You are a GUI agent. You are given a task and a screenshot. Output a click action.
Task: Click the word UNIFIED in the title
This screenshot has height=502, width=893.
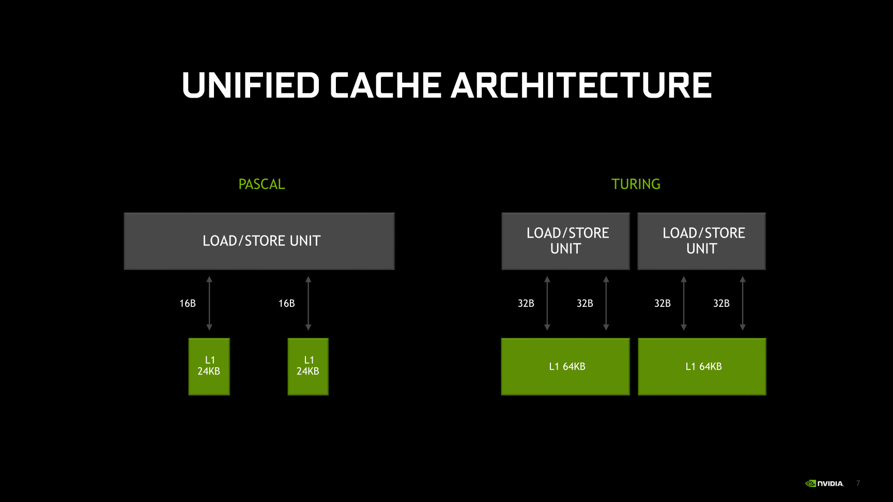[251, 85]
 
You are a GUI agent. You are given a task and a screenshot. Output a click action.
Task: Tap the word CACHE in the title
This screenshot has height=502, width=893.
[386, 85]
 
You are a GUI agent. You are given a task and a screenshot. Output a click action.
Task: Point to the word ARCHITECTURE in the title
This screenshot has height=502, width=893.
[581, 85]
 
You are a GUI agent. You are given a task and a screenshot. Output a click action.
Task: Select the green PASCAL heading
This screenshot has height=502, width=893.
[261, 184]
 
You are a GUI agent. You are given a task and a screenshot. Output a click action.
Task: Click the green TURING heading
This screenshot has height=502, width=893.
[636, 184]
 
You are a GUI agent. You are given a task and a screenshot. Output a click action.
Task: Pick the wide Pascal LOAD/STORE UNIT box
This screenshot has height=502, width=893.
[259, 241]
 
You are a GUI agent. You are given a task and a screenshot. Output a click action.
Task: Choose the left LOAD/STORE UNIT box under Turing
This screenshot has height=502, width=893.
[565, 241]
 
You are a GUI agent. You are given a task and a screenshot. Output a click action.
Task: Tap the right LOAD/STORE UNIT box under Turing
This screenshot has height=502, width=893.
[701, 241]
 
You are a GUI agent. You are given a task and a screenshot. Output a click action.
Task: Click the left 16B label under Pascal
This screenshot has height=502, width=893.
[188, 304]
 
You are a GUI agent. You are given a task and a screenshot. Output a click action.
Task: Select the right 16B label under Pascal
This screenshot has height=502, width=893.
[286, 304]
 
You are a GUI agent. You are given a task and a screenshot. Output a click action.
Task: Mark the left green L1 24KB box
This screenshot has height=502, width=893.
[209, 366]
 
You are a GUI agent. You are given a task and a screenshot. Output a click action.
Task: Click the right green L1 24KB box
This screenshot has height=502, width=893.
[308, 366]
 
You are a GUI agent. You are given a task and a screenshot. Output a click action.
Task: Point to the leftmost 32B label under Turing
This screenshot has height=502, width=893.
[526, 304]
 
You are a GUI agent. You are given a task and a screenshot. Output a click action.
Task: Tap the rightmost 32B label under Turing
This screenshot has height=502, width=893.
[721, 304]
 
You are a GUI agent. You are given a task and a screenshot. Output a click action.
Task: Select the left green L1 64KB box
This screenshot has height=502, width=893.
[565, 367]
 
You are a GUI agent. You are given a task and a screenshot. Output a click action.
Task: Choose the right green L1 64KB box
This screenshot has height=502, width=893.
[702, 367]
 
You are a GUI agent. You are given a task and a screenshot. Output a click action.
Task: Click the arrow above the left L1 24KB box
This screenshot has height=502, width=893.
[209, 303]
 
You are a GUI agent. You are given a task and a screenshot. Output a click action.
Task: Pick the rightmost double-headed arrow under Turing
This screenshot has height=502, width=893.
[743, 303]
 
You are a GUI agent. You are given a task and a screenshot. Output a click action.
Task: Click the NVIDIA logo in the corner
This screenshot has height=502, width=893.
[824, 483]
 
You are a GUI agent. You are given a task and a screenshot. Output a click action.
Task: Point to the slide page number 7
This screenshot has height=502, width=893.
[858, 483]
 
